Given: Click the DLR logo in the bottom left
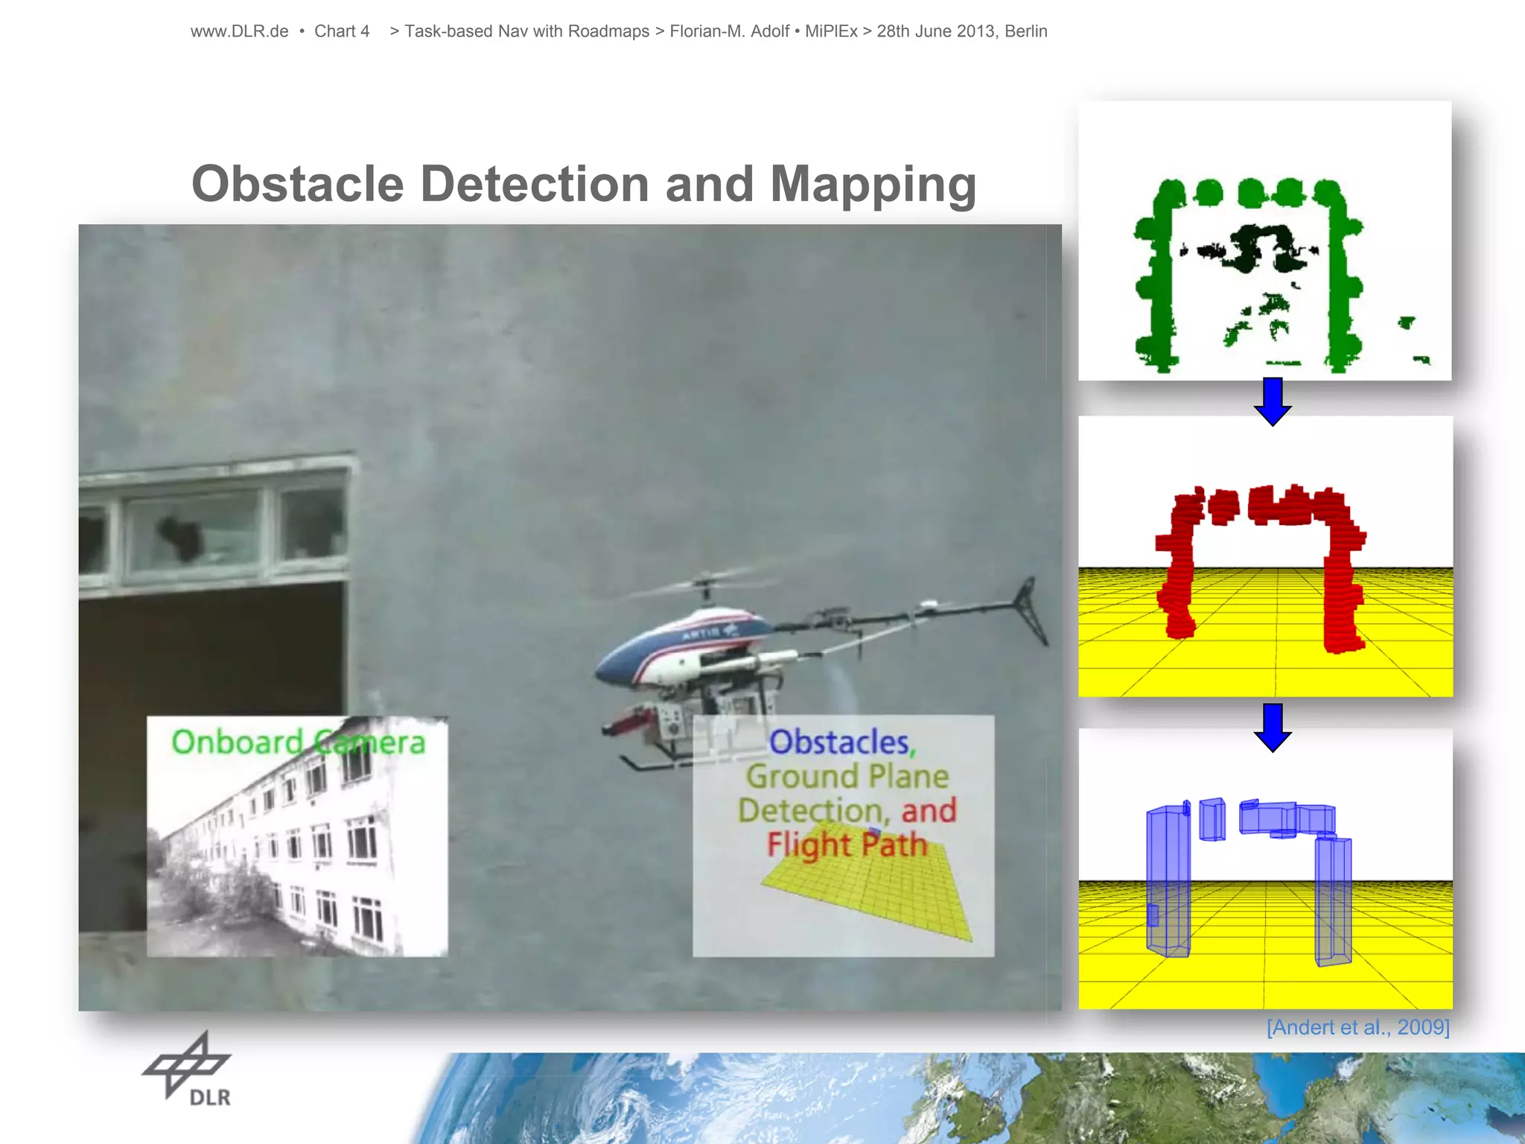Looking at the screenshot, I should [188, 1070].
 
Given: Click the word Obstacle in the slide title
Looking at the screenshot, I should [297, 184].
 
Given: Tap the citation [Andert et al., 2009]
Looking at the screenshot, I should [1357, 1028].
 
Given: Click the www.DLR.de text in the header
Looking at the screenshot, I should [239, 31].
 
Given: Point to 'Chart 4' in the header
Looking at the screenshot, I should [342, 31].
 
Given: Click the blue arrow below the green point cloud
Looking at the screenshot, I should [1273, 401].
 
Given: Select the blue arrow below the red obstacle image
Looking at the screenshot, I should [1273, 727].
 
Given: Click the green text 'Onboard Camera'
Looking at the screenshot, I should [298, 743].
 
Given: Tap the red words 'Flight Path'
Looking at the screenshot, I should [847, 845].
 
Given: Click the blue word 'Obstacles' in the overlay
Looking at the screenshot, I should [839, 743].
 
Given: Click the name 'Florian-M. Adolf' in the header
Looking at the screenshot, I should [729, 31].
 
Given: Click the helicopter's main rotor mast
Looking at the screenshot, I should [704, 591].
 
